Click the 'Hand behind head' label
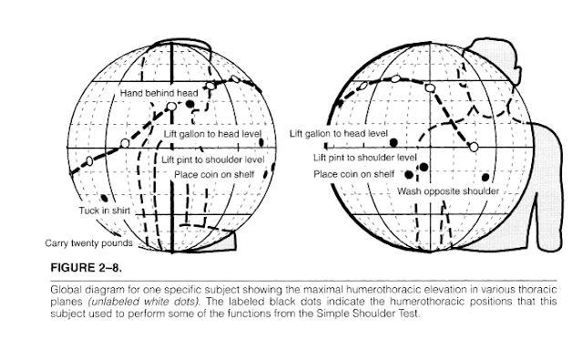coord(158,93)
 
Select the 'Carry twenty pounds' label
coord(87,242)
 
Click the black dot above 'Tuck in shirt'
coord(105,198)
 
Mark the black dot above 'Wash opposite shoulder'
coord(485,177)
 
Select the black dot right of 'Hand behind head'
coord(190,104)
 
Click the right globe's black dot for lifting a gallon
coord(394,143)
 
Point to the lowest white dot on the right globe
coord(473,147)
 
